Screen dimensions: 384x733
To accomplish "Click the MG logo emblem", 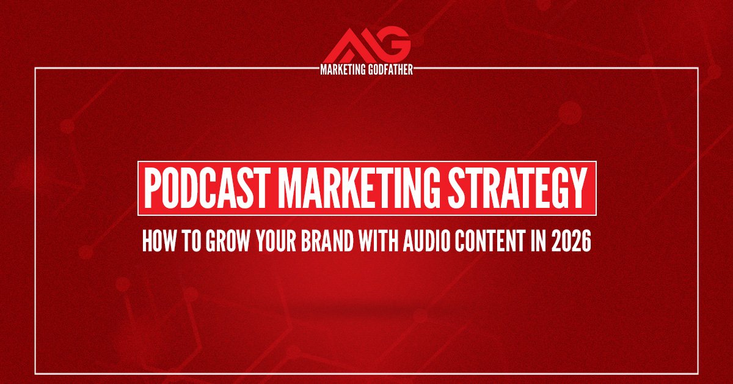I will tap(366, 44).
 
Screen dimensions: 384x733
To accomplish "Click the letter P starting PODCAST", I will tap(152, 188).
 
